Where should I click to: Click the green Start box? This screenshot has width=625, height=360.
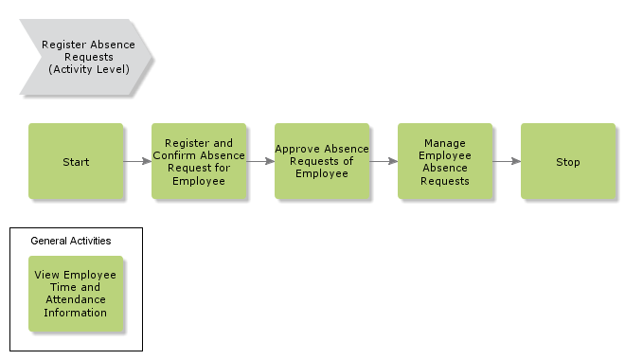pyautogui.click(x=76, y=161)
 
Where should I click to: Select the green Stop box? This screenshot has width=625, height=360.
pyautogui.click(x=568, y=161)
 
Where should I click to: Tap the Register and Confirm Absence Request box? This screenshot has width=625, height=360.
pyautogui.click(x=199, y=161)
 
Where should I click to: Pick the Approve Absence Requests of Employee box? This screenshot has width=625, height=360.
pyautogui.click(x=322, y=161)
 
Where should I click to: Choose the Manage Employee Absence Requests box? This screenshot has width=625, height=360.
pyautogui.click(x=445, y=161)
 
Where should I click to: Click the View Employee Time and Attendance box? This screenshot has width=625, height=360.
pyautogui.click(x=76, y=294)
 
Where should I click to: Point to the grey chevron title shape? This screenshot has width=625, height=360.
pyautogui.click(x=85, y=57)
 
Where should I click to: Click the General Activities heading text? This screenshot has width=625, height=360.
pyautogui.click(x=71, y=241)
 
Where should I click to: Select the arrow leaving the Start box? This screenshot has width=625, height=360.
pyautogui.click(x=137, y=161)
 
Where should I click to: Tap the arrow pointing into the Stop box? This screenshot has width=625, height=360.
pyautogui.click(x=507, y=161)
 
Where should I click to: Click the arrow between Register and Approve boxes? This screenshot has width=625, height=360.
pyautogui.click(x=260, y=161)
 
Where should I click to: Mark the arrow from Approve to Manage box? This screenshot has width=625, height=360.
pyautogui.click(x=384, y=161)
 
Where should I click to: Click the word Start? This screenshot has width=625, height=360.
pyautogui.click(x=76, y=162)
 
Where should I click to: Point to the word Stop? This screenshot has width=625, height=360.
pyautogui.click(x=568, y=162)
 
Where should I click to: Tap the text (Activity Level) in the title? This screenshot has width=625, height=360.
pyautogui.click(x=88, y=69)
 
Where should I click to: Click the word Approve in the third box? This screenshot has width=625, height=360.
pyautogui.click(x=296, y=149)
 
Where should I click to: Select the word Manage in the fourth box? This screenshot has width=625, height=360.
pyautogui.click(x=445, y=143)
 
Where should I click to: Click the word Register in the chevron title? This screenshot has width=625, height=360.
pyautogui.click(x=64, y=45)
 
